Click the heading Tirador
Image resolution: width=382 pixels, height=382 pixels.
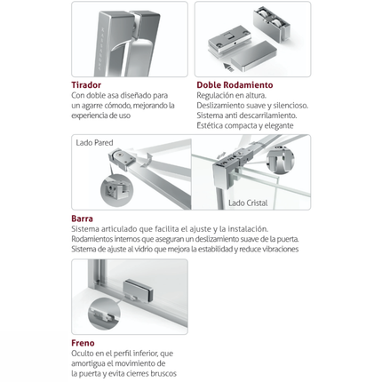(86, 85)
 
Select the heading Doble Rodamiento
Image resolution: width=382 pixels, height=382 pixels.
(235, 85)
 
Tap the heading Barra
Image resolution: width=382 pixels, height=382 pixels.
(82, 219)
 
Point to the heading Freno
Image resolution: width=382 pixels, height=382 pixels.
(83, 343)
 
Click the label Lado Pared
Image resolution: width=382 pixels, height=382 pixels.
(94, 143)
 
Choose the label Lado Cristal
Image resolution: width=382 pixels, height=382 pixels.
(248, 203)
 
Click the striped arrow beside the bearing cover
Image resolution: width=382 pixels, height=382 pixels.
(227, 67)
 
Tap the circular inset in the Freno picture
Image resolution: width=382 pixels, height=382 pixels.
(104, 314)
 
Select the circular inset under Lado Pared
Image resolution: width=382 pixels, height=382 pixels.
(117, 191)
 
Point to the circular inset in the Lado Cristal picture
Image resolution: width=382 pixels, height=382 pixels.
(281, 160)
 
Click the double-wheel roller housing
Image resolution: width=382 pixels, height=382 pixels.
(271, 24)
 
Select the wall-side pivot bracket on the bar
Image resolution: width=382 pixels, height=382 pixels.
(122, 160)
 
